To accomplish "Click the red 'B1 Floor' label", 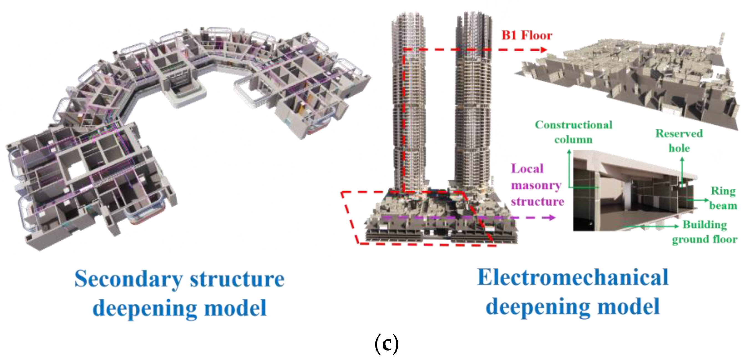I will (527, 35).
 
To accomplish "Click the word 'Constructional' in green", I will (574, 125).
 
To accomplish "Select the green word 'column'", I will (573, 140).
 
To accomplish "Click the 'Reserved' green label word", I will (679, 133).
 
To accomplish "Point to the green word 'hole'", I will (679, 148).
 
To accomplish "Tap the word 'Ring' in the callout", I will (723, 191).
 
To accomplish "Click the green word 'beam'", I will (723, 206).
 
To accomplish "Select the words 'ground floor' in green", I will (705, 239).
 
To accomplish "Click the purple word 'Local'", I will (527, 169).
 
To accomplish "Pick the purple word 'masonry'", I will (536, 185).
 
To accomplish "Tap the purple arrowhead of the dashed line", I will (552, 218).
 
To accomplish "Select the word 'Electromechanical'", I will (573, 278).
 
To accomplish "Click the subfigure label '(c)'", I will (386, 344).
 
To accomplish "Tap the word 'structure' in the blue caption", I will (237, 279).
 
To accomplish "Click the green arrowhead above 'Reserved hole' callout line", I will (682, 159).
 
